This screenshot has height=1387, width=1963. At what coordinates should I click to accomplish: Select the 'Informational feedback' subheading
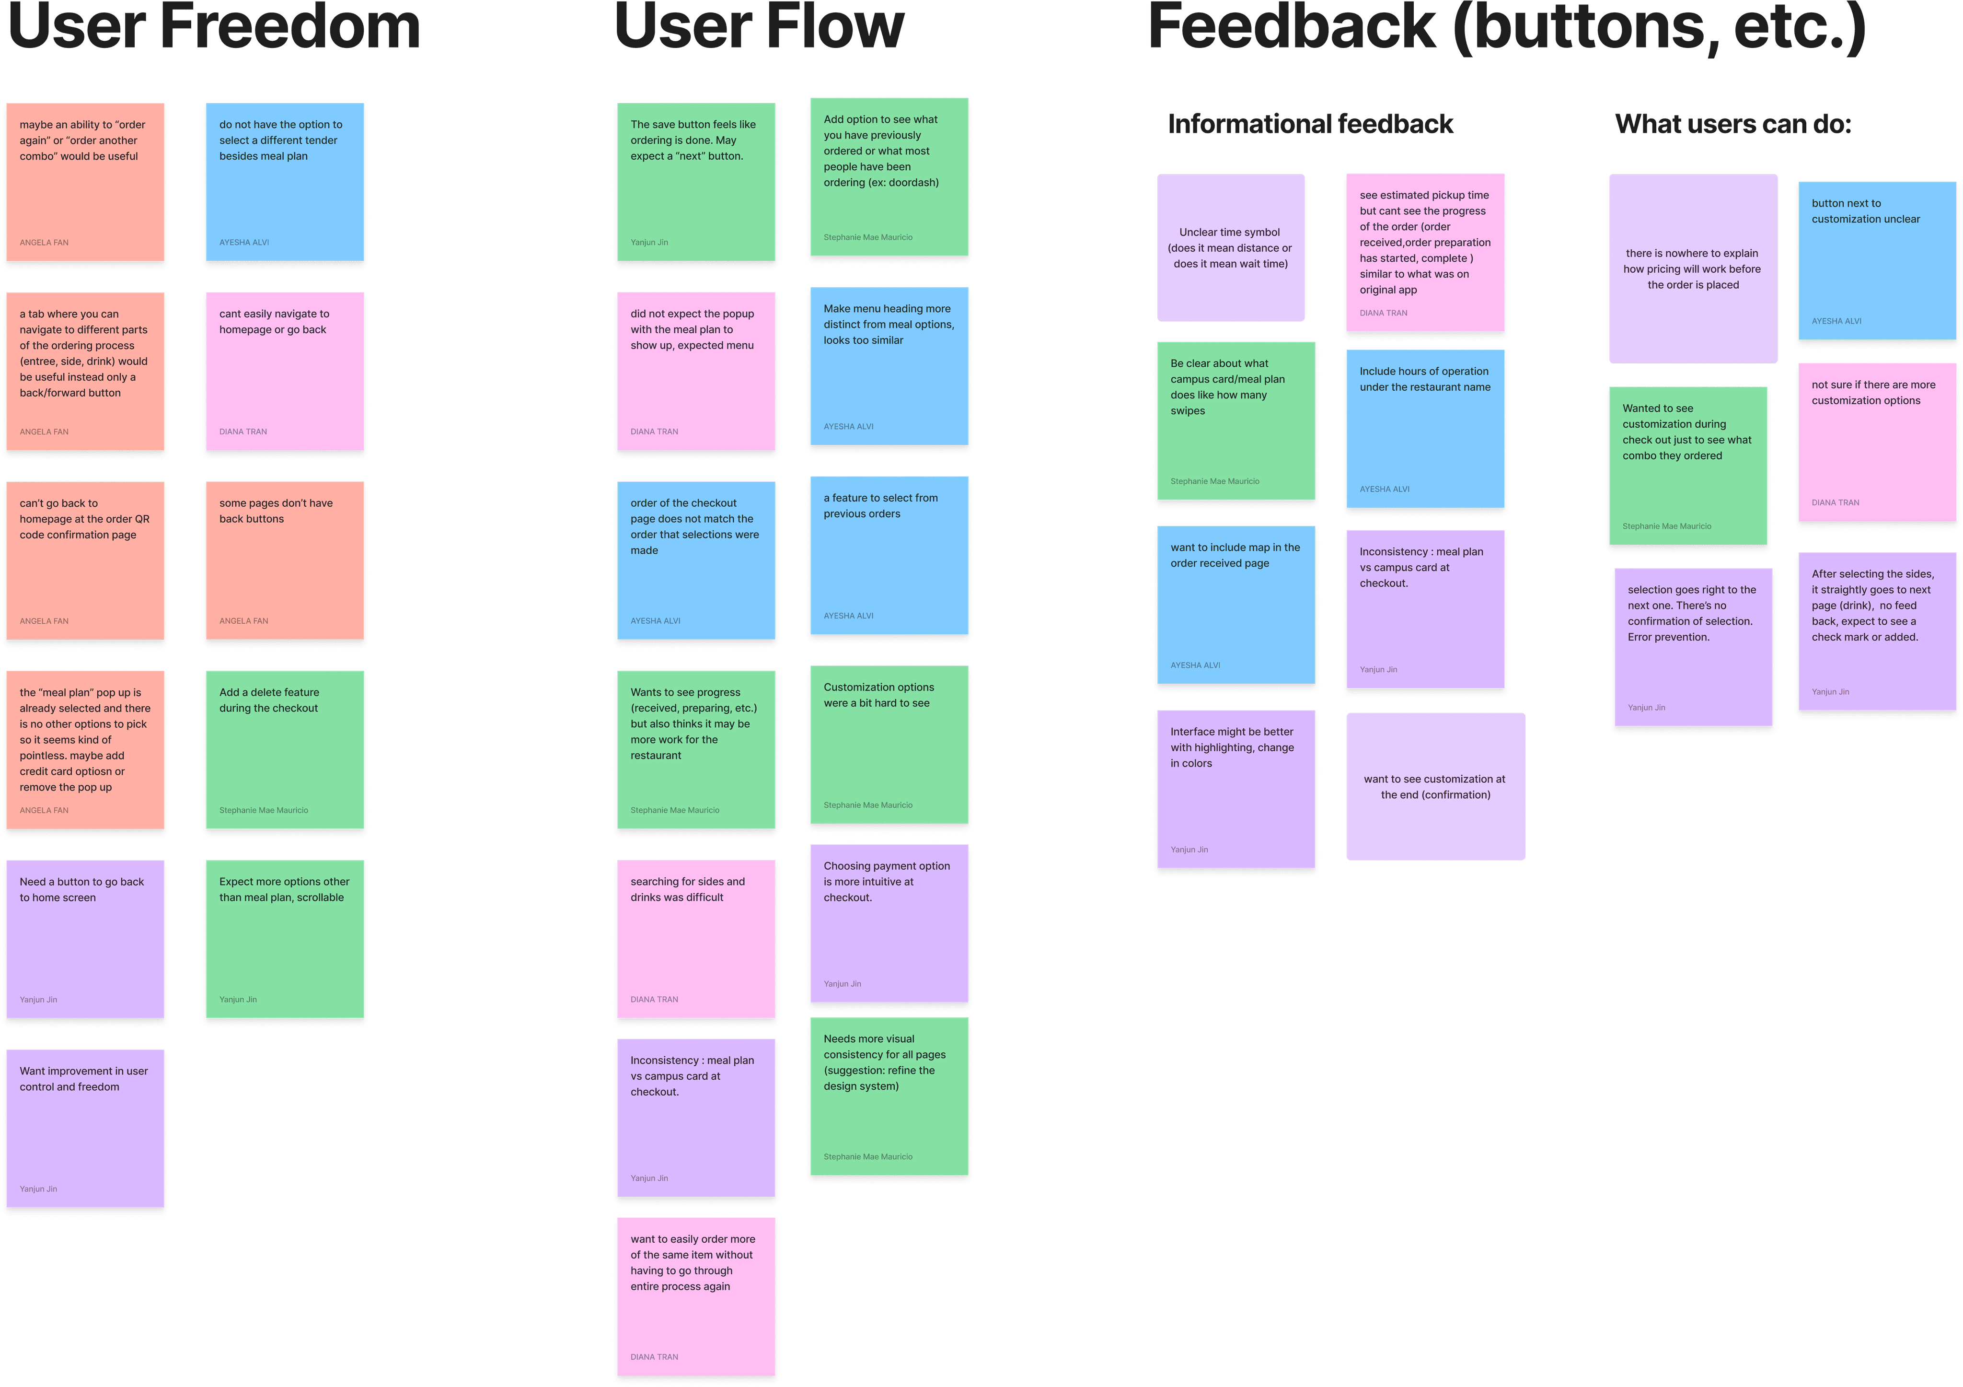coord(1310,125)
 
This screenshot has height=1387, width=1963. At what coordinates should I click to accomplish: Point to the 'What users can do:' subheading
coord(1732,125)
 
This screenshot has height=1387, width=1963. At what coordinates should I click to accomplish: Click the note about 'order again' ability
coord(85,182)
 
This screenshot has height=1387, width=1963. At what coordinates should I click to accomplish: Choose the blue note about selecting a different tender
coord(285,182)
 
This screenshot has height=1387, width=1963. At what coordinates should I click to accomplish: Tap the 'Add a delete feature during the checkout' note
coord(285,750)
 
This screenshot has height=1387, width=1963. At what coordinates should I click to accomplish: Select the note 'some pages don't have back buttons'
coord(285,561)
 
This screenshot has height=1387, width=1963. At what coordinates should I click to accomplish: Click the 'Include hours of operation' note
coord(1424,429)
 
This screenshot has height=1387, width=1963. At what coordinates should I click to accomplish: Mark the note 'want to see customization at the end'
coord(1435,787)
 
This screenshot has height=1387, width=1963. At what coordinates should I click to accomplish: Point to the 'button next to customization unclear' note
coord(1876,261)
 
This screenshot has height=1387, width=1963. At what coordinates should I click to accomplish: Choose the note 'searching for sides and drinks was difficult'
coord(696,939)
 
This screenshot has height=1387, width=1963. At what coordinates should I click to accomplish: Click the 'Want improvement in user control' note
coord(85,1129)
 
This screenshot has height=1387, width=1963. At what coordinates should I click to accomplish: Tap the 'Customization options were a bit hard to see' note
coord(889,745)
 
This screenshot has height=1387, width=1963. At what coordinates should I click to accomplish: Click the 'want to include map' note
coord(1236,605)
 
